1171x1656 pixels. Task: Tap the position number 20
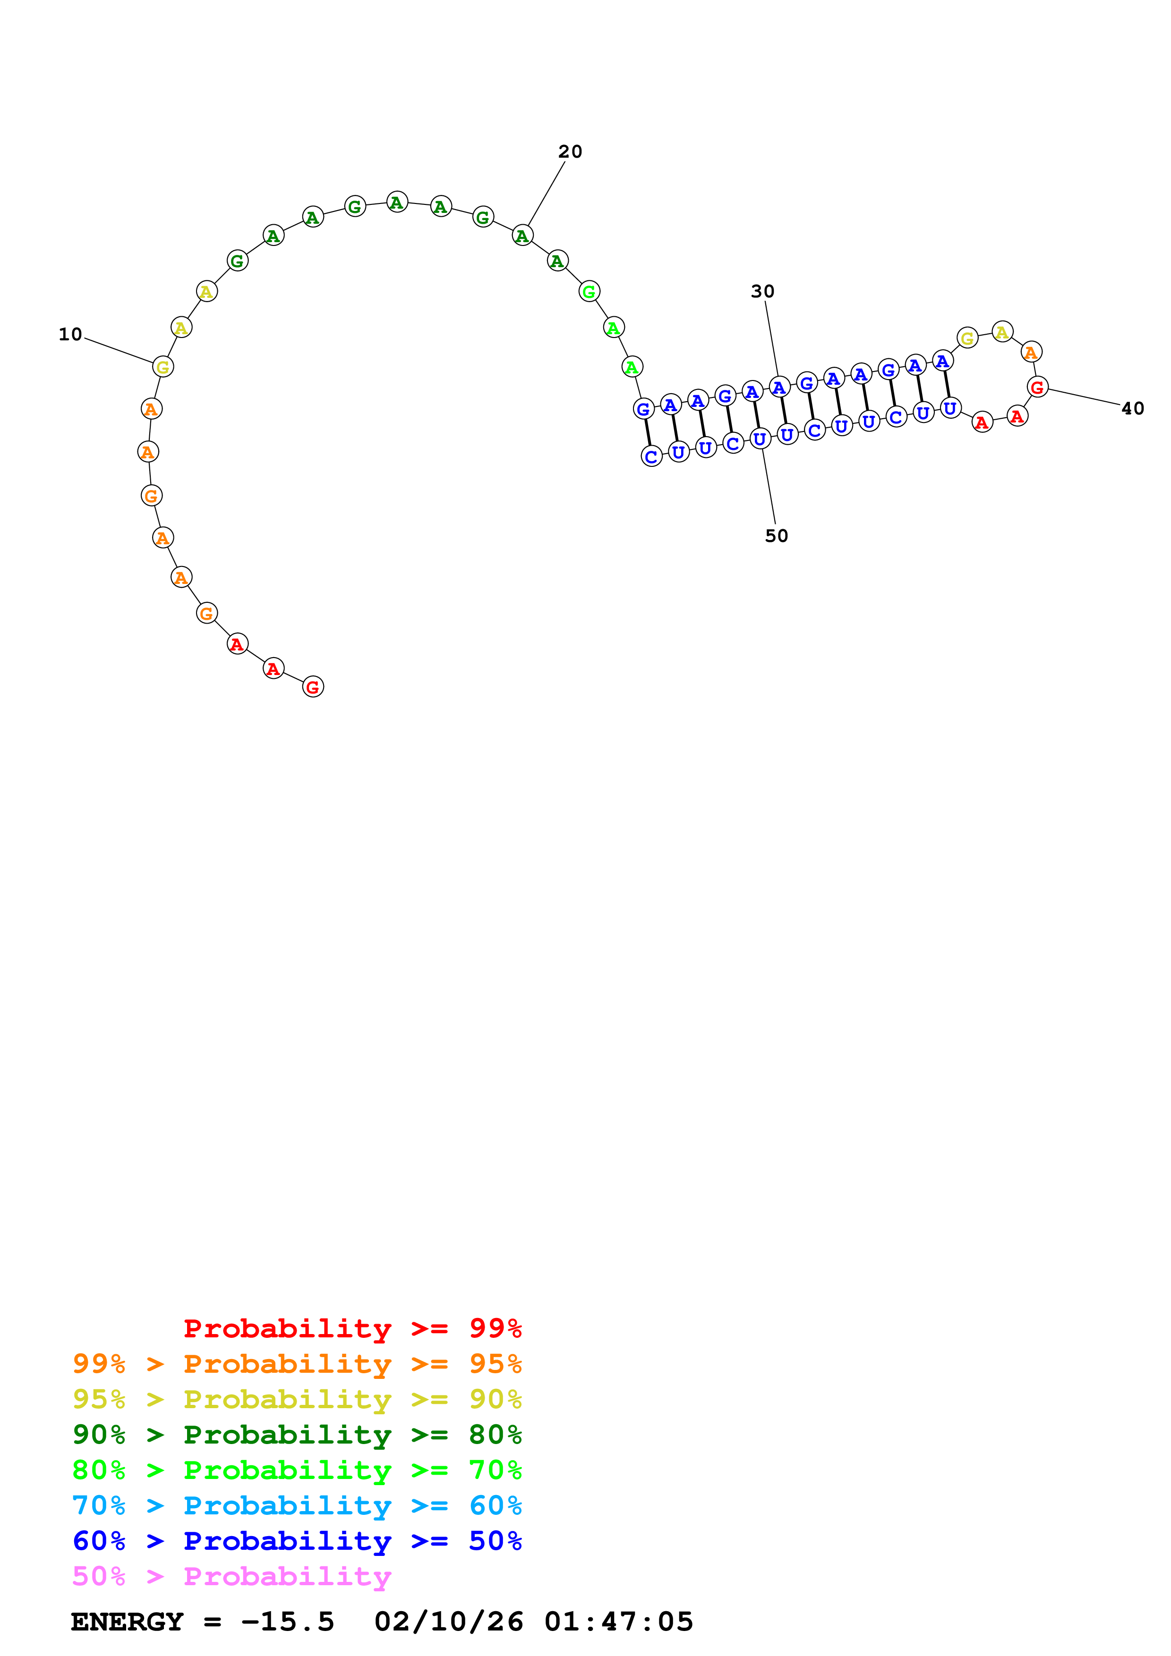(x=570, y=152)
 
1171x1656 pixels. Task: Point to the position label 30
(x=762, y=291)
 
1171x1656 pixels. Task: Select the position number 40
(x=1132, y=408)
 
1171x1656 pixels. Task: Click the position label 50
(x=777, y=536)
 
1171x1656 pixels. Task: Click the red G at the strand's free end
(x=312, y=687)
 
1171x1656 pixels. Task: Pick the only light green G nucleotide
(x=589, y=291)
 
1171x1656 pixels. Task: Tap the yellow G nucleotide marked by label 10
(x=163, y=367)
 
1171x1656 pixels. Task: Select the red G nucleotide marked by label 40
(x=1037, y=387)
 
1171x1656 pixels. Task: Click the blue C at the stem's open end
(x=651, y=456)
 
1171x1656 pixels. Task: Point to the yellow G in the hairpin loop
(x=967, y=338)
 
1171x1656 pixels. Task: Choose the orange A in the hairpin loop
(x=1031, y=353)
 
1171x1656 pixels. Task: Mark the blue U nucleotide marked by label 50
(x=760, y=439)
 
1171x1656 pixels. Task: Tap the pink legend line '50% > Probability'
(x=231, y=1576)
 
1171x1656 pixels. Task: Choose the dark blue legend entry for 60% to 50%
(x=297, y=1541)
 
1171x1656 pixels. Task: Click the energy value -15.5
(x=287, y=1622)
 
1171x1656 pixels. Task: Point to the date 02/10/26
(x=448, y=1622)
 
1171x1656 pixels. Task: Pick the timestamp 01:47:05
(x=618, y=1622)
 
